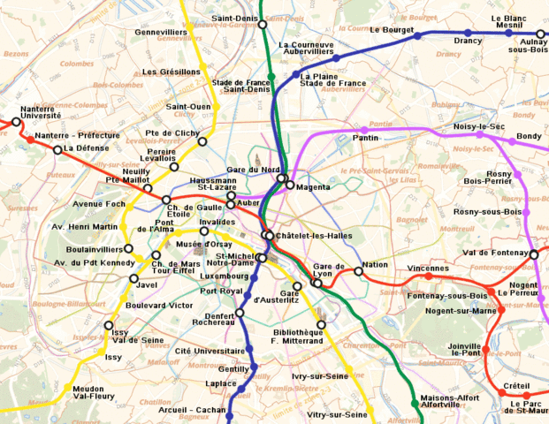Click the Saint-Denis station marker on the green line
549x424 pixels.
pos(263,25)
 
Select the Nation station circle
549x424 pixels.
pos(359,271)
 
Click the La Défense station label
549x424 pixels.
pos(86,148)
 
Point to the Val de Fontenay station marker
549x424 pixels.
pos(534,255)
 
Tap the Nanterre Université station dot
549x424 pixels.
pos(14,125)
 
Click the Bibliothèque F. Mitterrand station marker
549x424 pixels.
pos(321,324)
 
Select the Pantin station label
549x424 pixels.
pos(365,138)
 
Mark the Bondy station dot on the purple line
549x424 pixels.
pos(511,140)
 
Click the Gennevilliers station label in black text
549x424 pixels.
pos(165,32)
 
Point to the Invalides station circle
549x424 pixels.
pos(204,231)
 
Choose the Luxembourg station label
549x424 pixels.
pos(225,276)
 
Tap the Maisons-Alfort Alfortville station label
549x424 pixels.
pos(446,402)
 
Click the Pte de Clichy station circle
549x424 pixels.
pos(202,141)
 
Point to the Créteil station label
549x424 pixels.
pos(516,386)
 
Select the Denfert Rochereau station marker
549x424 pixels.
pos(240,313)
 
